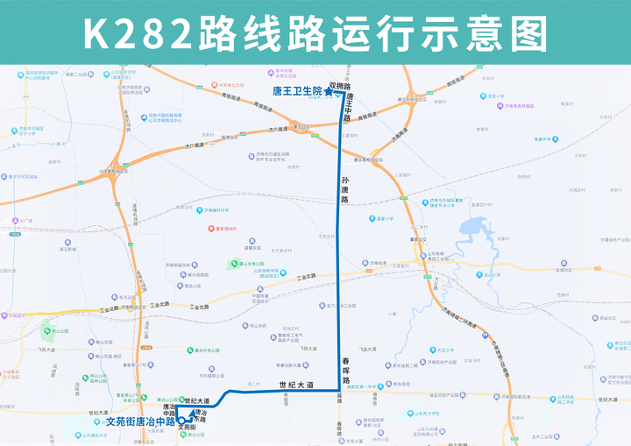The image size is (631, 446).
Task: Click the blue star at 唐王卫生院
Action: [329, 91]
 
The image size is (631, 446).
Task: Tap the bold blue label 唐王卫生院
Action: [296, 91]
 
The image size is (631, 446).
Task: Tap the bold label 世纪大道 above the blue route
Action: [294, 385]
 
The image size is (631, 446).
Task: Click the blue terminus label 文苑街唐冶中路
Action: [140, 421]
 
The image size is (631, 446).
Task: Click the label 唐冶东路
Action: [200, 415]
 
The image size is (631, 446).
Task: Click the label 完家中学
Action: [544, 138]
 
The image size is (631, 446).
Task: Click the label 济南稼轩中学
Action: [214, 210]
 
